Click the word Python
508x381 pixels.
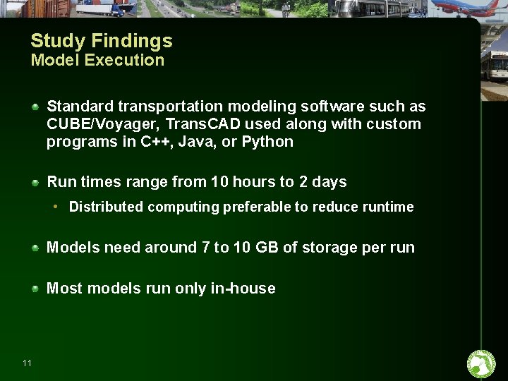coord(267,142)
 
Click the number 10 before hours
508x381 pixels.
coord(219,182)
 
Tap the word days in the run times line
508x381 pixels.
coord(329,182)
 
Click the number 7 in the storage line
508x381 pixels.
coord(205,248)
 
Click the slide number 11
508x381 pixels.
coord(27,363)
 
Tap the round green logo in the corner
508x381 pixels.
coord(482,364)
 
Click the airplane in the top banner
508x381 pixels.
coord(466,8)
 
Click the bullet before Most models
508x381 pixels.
coord(35,288)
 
